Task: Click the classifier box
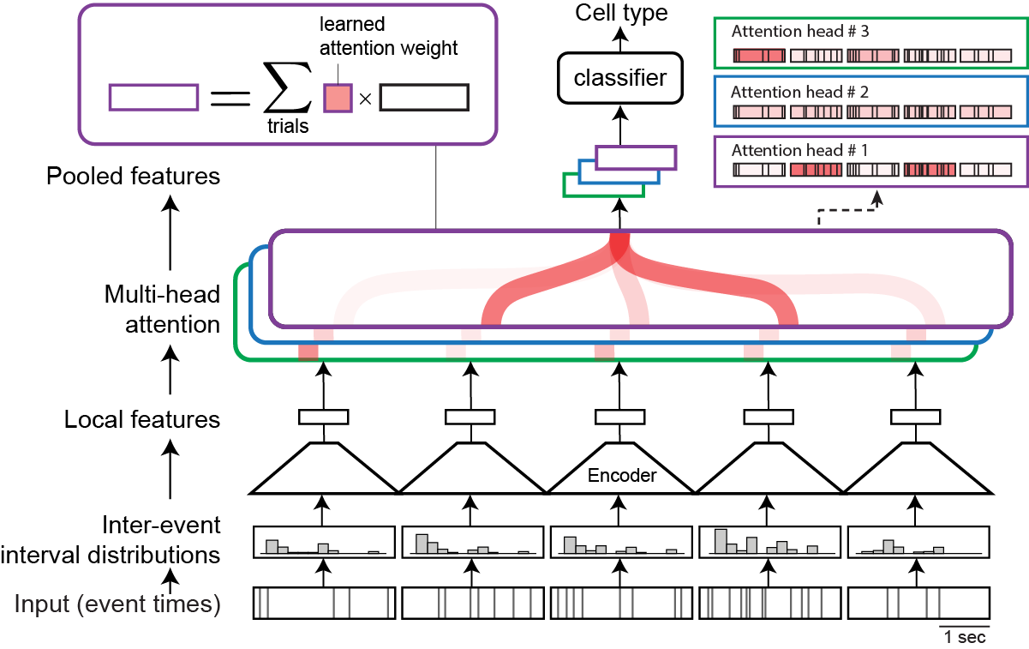pos(619,79)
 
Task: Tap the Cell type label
pos(621,13)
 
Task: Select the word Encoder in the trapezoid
pos(621,476)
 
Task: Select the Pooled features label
pos(133,177)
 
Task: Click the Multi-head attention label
pos(162,310)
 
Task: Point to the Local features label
pos(142,420)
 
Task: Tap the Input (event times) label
pos(117,604)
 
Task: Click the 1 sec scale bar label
pos(965,637)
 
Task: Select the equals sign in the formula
pos(226,97)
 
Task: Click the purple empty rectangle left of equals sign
pos(153,97)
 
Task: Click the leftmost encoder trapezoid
pos(324,468)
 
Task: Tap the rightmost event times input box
pos(918,603)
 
